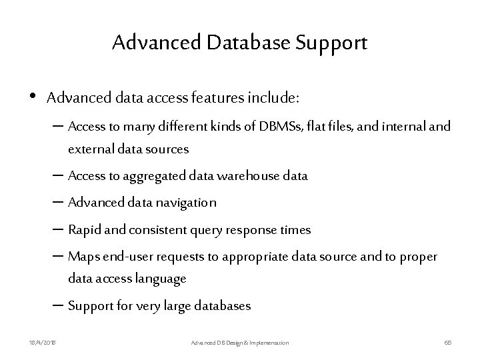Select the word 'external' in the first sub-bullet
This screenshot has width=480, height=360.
88,149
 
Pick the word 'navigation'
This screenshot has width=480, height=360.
187,203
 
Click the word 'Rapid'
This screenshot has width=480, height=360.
82,230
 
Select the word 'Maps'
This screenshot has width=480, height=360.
81,257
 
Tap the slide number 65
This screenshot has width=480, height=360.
448,342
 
